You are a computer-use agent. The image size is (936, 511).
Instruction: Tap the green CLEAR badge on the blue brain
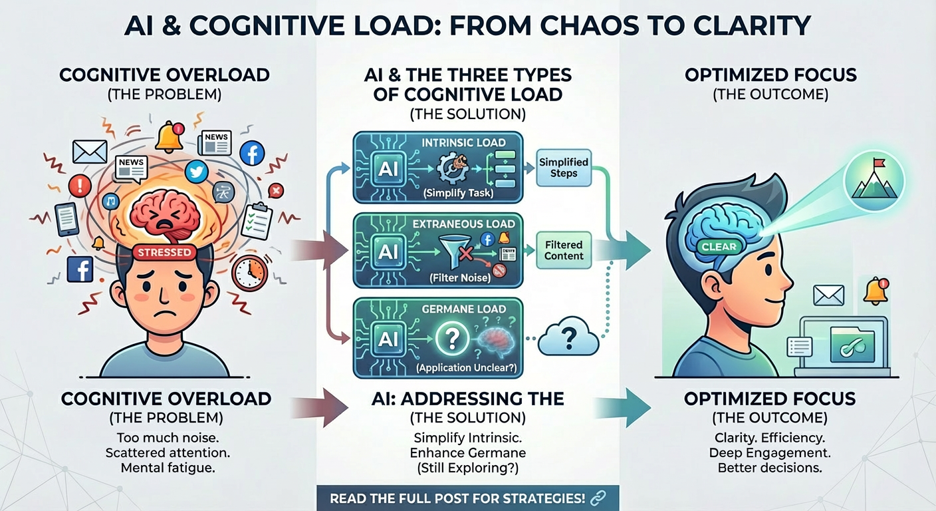pos(719,246)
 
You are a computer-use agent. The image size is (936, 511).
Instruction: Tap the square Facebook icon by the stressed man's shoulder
pos(80,269)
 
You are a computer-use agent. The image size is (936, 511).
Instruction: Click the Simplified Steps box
pos(564,168)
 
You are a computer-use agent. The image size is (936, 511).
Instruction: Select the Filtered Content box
pos(564,250)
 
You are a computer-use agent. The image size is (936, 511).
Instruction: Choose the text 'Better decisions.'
pos(770,468)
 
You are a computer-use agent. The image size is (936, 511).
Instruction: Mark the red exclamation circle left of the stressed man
pos(79,185)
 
